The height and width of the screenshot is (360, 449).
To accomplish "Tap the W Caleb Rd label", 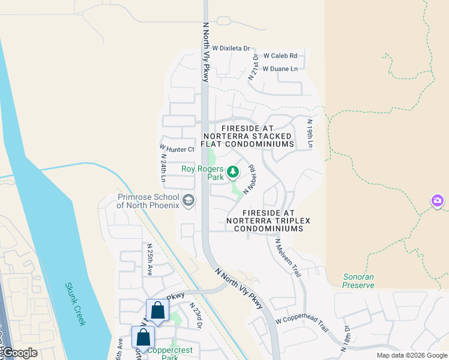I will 280,55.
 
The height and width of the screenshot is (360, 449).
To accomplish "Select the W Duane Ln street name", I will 280,69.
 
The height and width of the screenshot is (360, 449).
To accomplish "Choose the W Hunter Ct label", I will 177,148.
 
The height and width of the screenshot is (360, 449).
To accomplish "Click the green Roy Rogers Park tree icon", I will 233,172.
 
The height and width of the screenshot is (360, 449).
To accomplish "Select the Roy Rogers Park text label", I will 202,173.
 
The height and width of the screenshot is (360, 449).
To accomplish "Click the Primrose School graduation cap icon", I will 188,200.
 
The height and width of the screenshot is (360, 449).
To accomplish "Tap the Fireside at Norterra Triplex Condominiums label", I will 268,221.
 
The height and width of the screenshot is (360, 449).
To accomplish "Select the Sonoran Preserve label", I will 358,281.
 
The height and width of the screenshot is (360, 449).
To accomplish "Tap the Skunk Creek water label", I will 76,304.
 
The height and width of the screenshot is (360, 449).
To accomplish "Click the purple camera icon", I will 438,200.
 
